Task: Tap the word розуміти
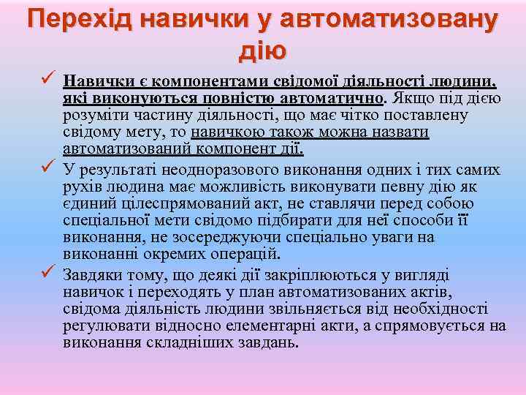(94, 116)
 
